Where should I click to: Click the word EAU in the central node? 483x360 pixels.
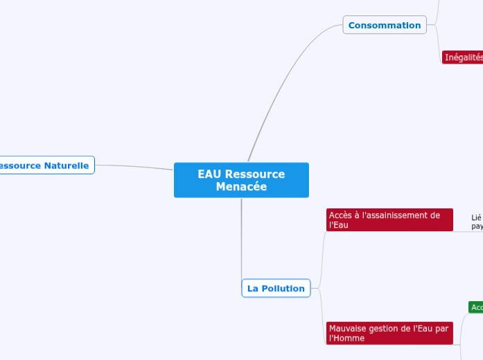pos(210,174)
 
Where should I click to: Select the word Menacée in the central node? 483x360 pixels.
pos(241,186)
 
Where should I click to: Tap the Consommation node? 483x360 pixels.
pos(385,25)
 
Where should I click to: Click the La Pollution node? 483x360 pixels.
pos(276,288)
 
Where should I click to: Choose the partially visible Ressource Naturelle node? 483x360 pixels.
pos(46,165)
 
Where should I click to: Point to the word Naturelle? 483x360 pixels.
pos(67,165)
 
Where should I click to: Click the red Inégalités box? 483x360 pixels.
pos(463,57)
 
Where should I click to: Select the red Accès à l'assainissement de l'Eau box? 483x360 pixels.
pos(389,219)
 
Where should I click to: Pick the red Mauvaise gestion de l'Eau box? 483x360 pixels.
pos(389,333)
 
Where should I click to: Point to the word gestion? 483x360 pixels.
pos(393,328)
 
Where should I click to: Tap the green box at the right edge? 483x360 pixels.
pos(475,307)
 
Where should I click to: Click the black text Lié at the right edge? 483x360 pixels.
pos(476,217)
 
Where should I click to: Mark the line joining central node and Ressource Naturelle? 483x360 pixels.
pos(135,166)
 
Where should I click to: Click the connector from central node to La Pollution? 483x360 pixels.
pos(241,242)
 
